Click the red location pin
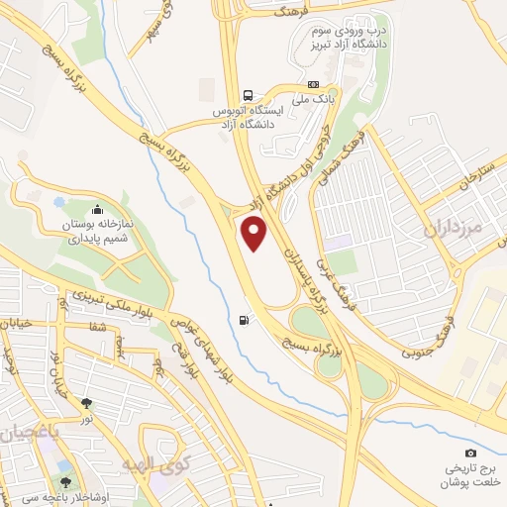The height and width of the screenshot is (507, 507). (x=255, y=234)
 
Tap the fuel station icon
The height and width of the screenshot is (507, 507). (x=244, y=319)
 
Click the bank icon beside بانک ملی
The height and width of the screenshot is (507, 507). (x=313, y=84)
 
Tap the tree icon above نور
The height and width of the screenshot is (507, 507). (x=88, y=403)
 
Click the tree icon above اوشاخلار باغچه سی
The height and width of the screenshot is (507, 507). (x=64, y=465)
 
